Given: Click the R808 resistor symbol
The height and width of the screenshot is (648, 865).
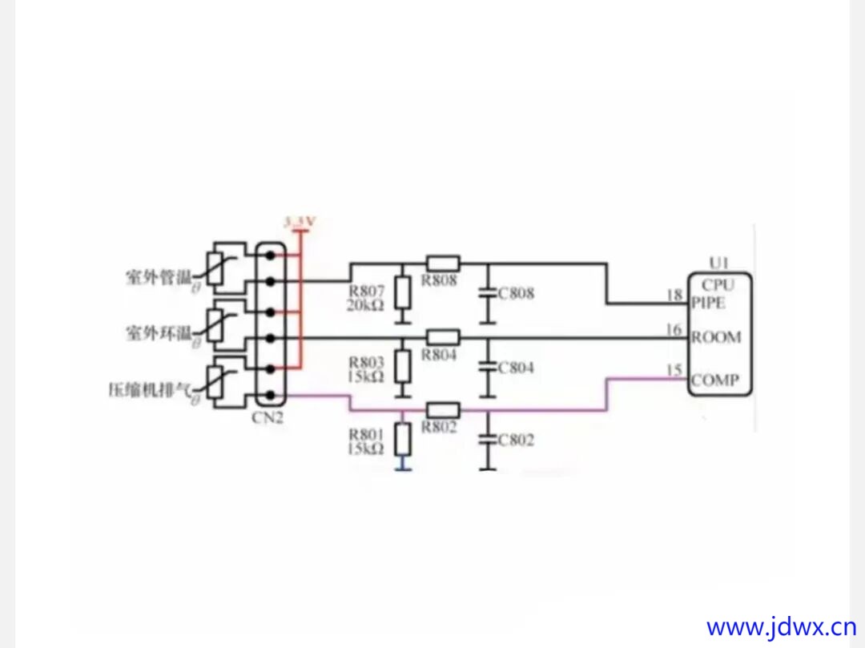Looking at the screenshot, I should (x=442, y=262).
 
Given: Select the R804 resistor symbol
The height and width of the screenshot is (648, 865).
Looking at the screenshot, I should (x=442, y=336).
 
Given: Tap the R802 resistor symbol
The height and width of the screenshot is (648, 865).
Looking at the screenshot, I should (x=442, y=409).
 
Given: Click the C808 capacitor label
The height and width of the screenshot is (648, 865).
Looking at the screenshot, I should (x=517, y=293).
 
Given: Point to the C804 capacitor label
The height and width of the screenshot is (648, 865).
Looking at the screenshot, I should (x=517, y=368).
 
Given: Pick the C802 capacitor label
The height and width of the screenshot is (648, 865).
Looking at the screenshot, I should (x=517, y=441).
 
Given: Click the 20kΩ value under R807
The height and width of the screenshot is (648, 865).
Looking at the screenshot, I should (x=367, y=306).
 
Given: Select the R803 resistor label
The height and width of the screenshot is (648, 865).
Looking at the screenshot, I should (x=367, y=361).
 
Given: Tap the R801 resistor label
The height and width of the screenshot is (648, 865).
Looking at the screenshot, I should (x=367, y=434).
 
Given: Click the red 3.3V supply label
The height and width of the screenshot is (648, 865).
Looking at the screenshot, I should (x=300, y=221).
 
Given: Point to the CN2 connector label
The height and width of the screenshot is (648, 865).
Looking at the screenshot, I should (x=268, y=417).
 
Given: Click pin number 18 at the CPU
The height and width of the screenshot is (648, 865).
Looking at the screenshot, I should (x=674, y=296).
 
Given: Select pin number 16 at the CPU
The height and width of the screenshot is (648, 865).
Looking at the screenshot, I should (x=674, y=329).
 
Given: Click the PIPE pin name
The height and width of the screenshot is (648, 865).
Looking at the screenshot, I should (x=709, y=303).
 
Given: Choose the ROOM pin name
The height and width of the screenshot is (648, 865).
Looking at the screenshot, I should (x=716, y=337).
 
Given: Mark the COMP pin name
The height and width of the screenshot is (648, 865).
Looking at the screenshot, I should (x=715, y=380).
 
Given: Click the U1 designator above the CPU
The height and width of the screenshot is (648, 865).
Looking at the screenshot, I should (x=718, y=263).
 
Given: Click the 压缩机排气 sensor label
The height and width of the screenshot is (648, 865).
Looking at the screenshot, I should (x=150, y=390).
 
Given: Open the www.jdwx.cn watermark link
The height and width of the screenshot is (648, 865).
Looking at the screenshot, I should (x=781, y=626).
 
